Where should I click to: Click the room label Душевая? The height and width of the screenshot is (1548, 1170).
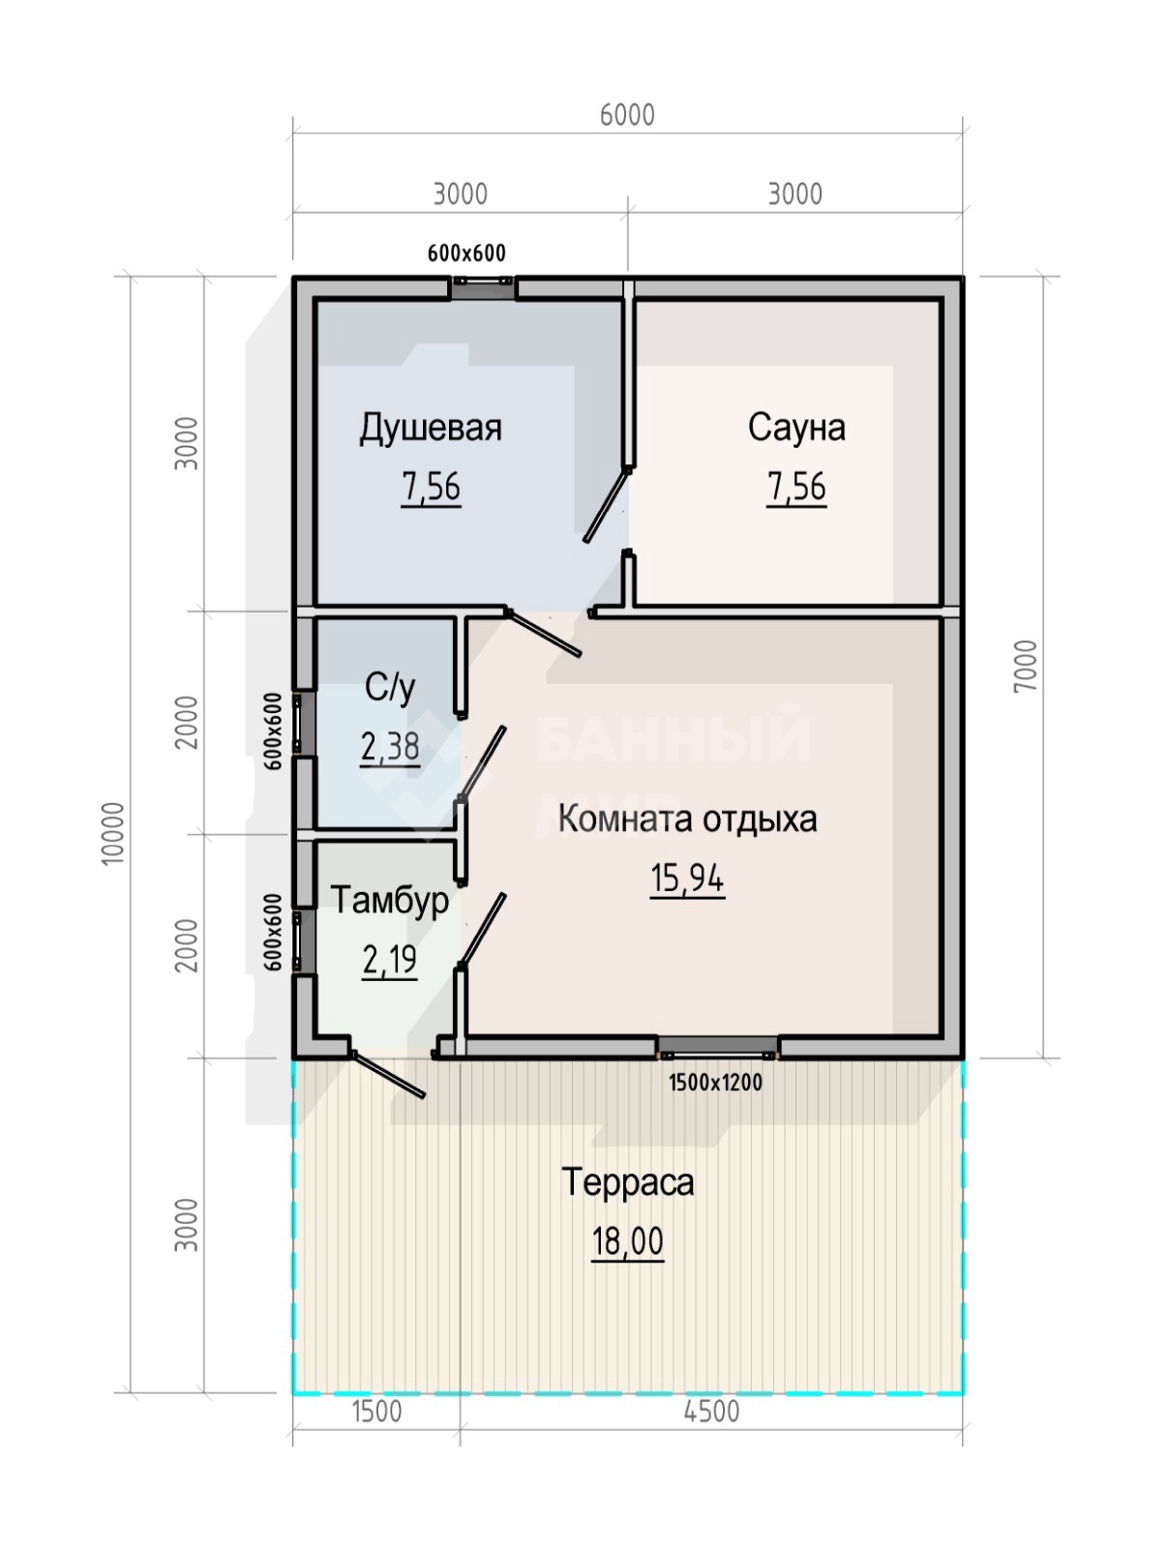pyautogui.click(x=431, y=428)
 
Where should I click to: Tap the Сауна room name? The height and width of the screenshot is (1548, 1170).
pyautogui.click(x=796, y=427)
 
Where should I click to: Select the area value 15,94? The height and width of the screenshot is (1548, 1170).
pyautogui.click(x=687, y=878)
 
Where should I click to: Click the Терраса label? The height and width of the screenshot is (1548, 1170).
pyautogui.click(x=628, y=1201)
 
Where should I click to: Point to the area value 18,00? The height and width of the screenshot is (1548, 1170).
pyautogui.click(x=628, y=1261)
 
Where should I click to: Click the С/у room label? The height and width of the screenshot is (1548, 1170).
pyautogui.click(x=390, y=687)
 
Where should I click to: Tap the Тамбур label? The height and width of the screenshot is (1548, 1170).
pyautogui.click(x=389, y=900)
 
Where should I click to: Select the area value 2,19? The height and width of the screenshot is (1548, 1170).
pyautogui.click(x=390, y=959)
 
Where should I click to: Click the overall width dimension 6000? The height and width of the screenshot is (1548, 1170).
pyautogui.click(x=627, y=115)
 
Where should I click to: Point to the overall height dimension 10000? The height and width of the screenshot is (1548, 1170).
pyautogui.click(x=113, y=833)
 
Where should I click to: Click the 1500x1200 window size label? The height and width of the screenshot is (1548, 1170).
pyautogui.click(x=716, y=1082)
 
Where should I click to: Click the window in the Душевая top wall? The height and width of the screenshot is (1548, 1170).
pyautogui.click(x=483, y=287)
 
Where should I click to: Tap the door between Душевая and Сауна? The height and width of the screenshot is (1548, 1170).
pyautogui.click(x=607, y=505)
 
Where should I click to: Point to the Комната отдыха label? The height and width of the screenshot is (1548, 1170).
pyautogui.click(x=688, y=819)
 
